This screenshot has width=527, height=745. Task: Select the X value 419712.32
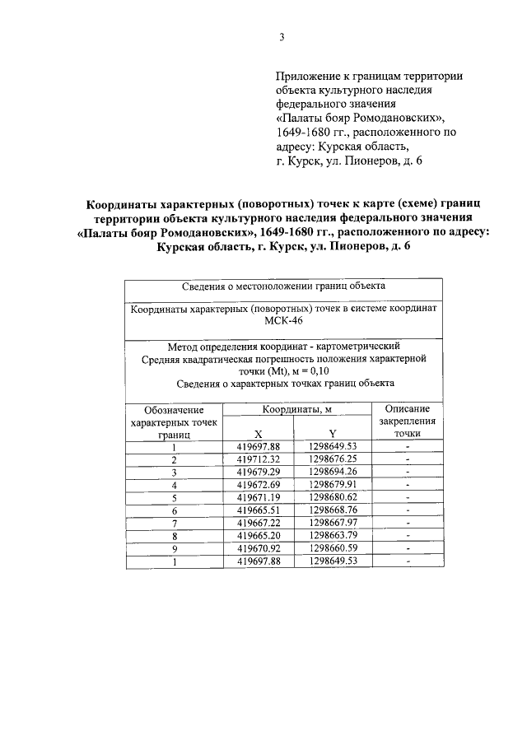coord(259,459)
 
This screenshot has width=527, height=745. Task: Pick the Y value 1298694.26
coord(332,472)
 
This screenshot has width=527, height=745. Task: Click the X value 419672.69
coord(259,485)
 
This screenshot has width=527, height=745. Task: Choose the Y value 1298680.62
coord(332,498)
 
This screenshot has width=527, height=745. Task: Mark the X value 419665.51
coord(259,510)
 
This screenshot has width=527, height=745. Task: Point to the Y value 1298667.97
coord(332,524)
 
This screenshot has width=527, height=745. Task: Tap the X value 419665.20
coord(259,537)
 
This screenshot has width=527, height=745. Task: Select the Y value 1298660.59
coord(332,549)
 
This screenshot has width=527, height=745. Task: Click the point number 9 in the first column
coord(174,549)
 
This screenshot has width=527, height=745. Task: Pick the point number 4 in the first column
coord(174,485)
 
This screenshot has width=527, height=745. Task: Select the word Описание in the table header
coord(407,409)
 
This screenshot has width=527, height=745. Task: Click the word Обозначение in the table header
coord(174,409)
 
